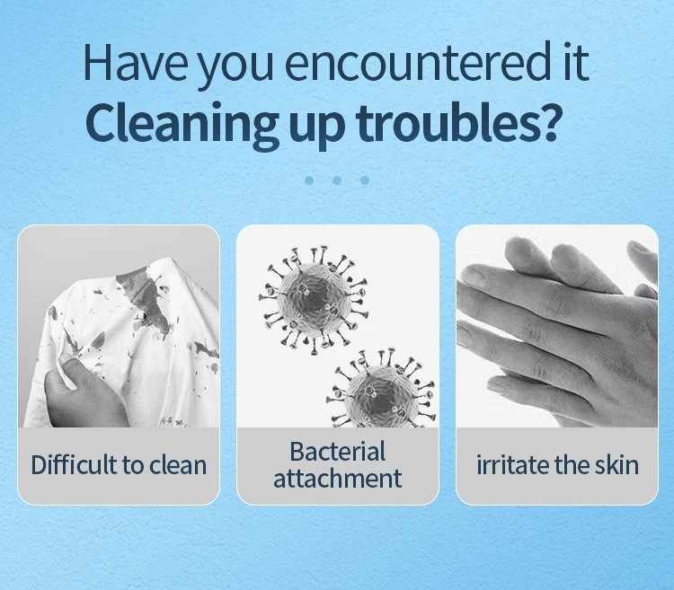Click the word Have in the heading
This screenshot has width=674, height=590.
coord(134,64)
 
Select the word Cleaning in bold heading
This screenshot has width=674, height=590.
coord(184,123)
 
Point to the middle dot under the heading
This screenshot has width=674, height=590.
coord(337,180)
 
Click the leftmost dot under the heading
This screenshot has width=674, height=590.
coord(309,180)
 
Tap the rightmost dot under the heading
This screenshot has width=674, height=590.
coord(365,180)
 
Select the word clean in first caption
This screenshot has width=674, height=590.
coord(177,464)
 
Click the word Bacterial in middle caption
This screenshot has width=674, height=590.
coord(337,451)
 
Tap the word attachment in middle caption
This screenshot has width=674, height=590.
coord(337,478)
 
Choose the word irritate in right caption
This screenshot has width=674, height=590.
coord(510,464)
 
